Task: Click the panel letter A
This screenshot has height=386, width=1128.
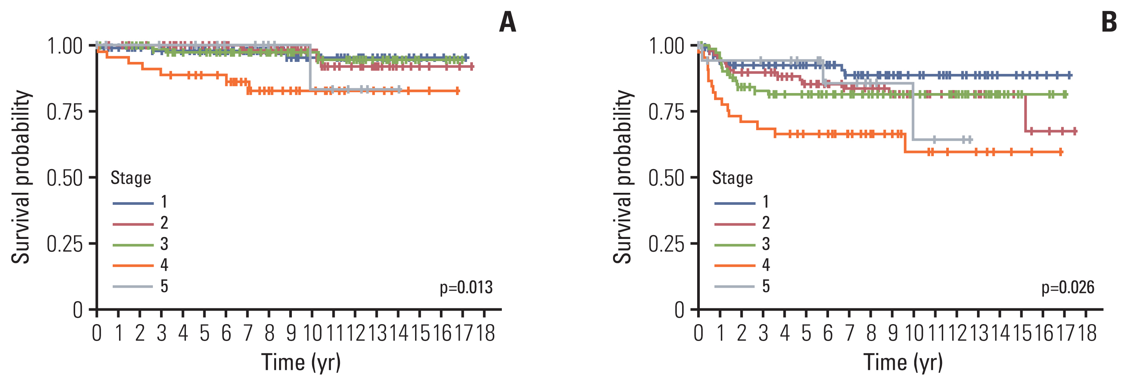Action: coord(507,22)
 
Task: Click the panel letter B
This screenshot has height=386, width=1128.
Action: coord(1109,22)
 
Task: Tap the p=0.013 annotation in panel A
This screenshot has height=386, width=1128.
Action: coord(466,287)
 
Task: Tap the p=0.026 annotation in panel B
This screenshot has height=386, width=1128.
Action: coord(1068,287)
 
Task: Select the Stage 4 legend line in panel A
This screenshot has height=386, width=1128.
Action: coord(133,265)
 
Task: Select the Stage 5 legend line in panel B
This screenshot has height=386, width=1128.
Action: coord(735,287)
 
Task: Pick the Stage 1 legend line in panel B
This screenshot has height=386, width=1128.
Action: coord(735,203)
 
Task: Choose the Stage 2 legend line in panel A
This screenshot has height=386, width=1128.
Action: coord(133,224)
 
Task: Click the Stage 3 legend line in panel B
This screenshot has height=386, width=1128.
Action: coord(735,245)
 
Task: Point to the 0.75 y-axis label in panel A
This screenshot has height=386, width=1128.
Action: coord(65,112)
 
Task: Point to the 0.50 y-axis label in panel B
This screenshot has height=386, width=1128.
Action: coord(666,178)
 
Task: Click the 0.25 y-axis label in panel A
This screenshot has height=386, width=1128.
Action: coord(65,244)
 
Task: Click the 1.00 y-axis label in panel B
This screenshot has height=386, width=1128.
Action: coord(666,46)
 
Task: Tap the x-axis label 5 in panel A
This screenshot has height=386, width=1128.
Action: coord(204,333)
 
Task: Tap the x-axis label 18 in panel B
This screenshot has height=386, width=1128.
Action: coord(1087,333)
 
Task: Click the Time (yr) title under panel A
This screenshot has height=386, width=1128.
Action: coord(301,362)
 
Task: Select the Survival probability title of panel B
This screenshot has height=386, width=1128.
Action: coord(622,177)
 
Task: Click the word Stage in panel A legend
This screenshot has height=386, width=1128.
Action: coord(130,178)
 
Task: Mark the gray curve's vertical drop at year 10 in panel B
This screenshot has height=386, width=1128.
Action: coord(914,111)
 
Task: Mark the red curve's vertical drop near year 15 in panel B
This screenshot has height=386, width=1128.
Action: coord(1025,113)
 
